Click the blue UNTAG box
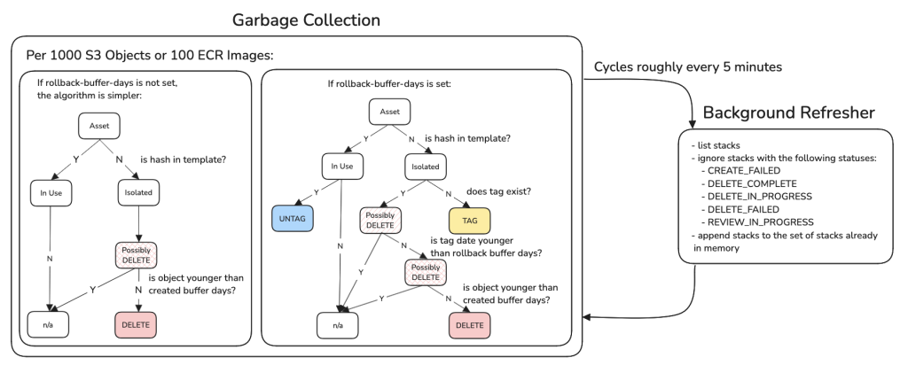[293, 218]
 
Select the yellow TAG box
[468, 218]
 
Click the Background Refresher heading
[788, 113]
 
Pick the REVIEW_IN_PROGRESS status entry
[760, 222]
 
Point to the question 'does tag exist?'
[501, 190]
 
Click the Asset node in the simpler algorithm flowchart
[99, 126]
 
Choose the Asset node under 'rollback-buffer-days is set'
[389, 112]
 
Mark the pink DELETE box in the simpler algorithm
[135, 325]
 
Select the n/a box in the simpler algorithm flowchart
[48, 325]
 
